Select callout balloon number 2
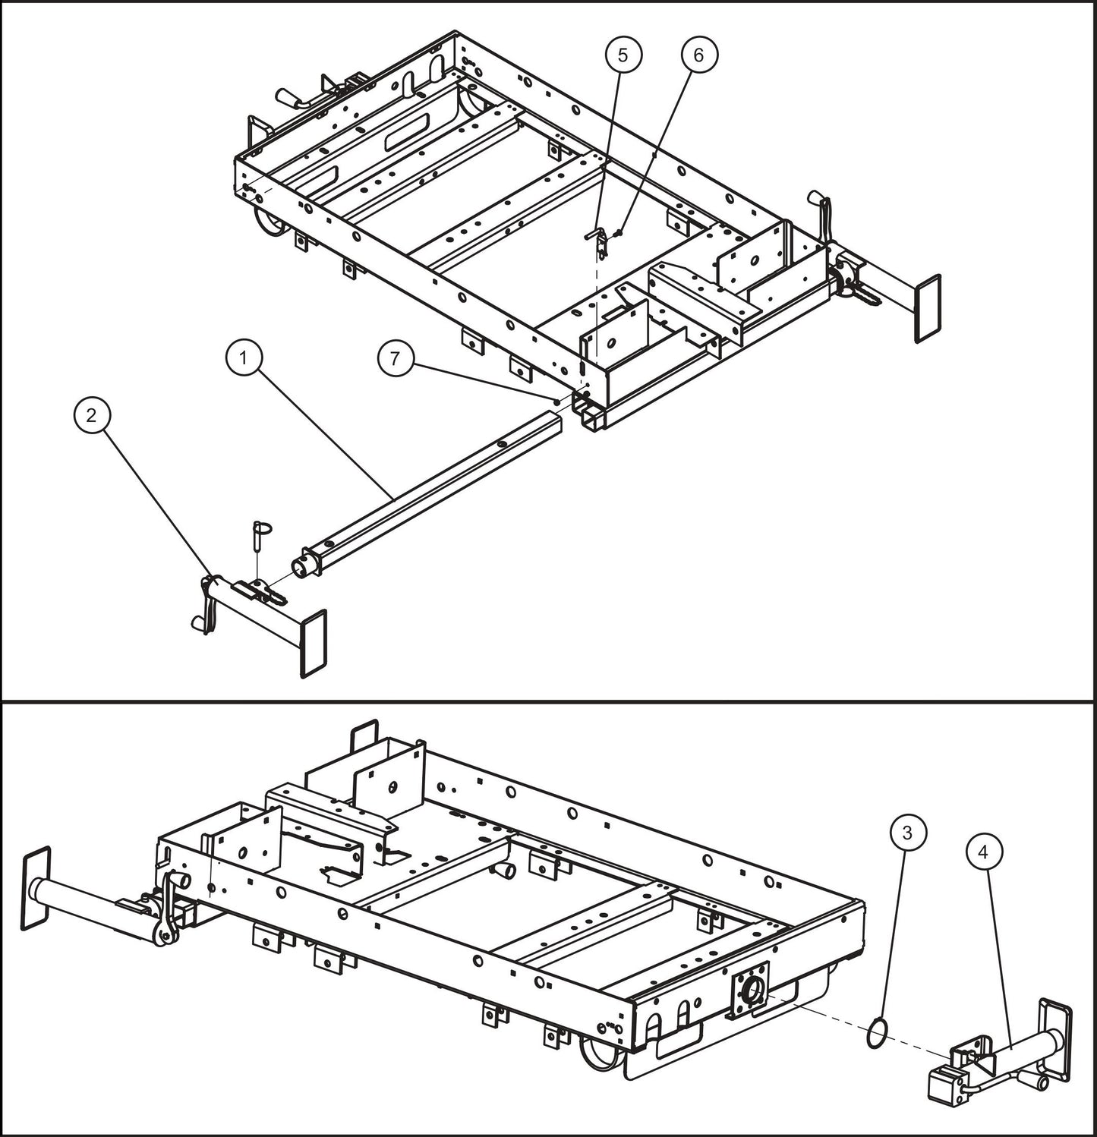[92, 415]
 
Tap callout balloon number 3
[906, 833]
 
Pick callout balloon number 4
[984, 852]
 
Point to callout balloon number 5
[623, 55]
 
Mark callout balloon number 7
[395, 359]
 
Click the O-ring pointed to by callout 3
[875, 1035]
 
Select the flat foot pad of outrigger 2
[314, 643]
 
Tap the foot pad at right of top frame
[928, 308]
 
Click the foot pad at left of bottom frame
[36, 888]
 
